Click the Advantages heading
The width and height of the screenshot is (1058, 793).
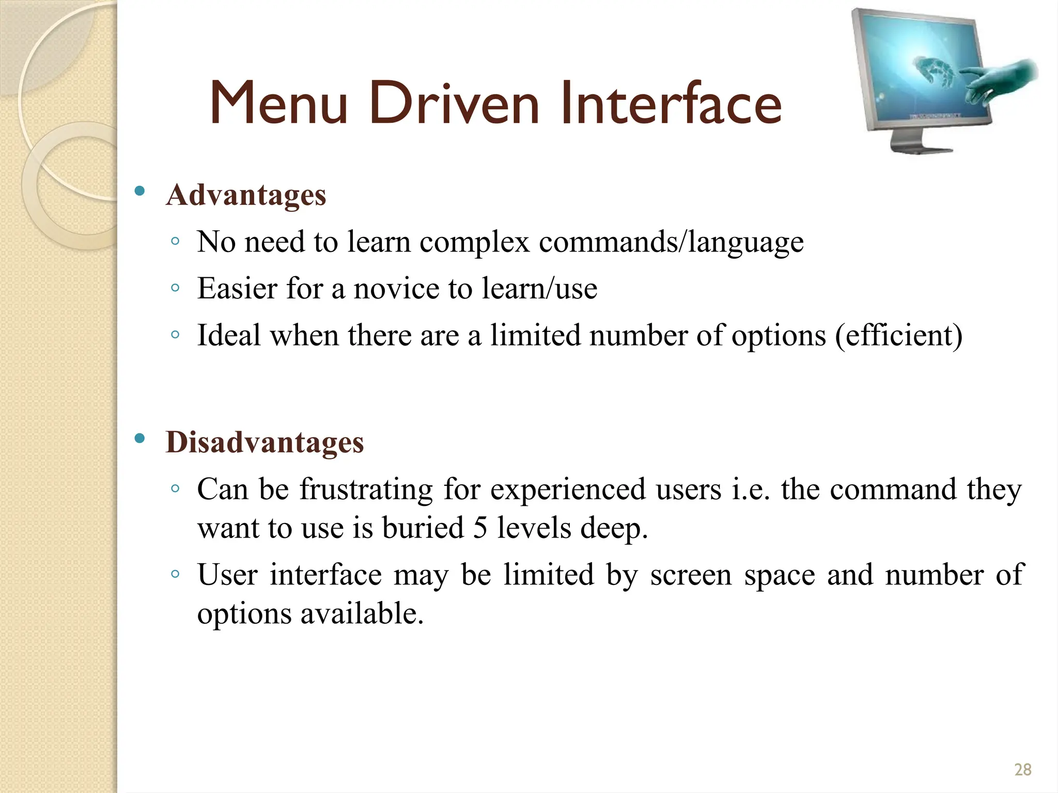point(246,195)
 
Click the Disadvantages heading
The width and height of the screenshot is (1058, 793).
point(264,442)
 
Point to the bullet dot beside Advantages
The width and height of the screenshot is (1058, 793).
point(139,192)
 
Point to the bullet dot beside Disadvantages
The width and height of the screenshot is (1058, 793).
point(139,439)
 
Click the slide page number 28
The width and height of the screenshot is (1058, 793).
point(1022,769)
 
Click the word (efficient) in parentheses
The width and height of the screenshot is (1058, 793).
point(898,336)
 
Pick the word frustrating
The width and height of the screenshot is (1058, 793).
point(366,489)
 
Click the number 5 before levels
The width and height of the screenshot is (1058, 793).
point(480,528)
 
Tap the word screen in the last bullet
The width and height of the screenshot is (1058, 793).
point(691,575)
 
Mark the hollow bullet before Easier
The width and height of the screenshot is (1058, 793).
point(175,288)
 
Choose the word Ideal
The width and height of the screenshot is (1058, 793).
point(228,336)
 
